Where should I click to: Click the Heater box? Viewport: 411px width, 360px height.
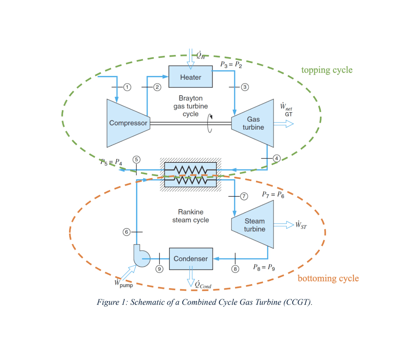(190, 77)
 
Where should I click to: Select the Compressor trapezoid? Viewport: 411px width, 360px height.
(128, 123)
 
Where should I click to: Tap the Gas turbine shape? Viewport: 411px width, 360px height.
(253, 123)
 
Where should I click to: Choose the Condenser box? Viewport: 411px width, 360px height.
(191, 259)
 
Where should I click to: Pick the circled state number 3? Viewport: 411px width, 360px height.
(245, 87)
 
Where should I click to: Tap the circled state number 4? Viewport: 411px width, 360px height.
(277, 158)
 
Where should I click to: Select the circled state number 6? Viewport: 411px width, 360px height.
(126, 231)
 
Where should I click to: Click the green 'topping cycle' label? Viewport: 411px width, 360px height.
(327, 70)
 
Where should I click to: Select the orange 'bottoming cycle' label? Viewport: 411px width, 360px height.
(328, 278)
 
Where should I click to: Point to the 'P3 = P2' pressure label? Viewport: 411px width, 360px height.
(231, 64)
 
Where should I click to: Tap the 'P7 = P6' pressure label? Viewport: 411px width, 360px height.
(273, 194)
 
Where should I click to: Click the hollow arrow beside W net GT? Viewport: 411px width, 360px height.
(284, 123)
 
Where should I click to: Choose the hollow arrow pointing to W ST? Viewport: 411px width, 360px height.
(284, 225)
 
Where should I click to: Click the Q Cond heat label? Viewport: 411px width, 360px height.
(203, 284)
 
